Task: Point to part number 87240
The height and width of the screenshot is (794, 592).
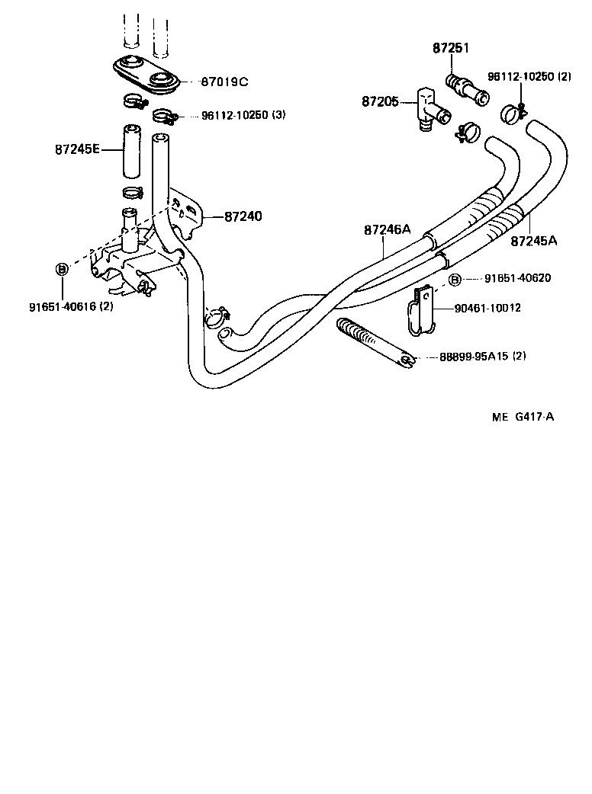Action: (x=243, y=216)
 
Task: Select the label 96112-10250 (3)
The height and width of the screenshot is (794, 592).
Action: (x=243, y=115)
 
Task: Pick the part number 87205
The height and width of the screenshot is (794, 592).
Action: (x=380, y=101)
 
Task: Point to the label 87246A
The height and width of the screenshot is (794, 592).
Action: (x=387, y=229)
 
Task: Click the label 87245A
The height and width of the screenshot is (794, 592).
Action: (x=533, y=241)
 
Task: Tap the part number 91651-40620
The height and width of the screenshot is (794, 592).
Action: (x=512, y=278)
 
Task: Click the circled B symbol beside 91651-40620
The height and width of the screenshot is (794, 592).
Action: (x=455, y=280)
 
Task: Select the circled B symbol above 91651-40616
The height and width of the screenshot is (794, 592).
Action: (x=63, y=268)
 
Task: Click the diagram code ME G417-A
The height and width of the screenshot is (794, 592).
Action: (x=523, y=417)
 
